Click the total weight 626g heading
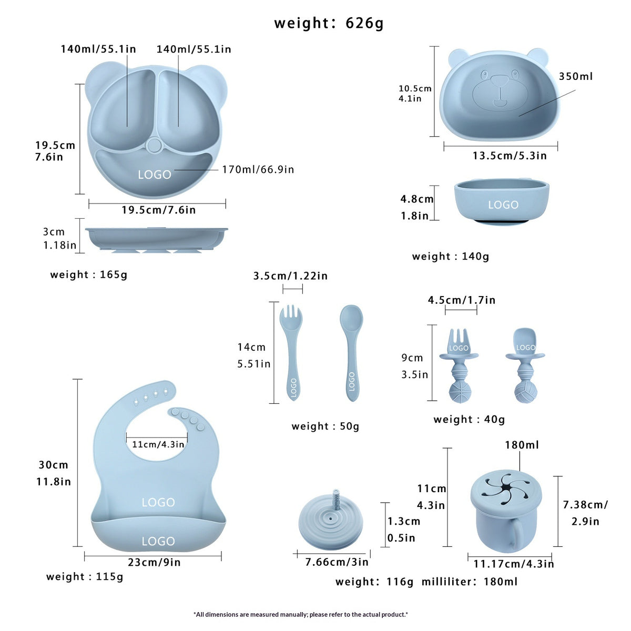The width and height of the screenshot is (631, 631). [x=329, y=23]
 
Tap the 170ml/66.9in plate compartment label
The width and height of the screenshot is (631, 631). [x=258, y=170]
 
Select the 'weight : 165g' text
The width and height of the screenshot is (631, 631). [x=88, y=274]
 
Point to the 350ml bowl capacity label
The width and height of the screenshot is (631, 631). [x=576, y=76]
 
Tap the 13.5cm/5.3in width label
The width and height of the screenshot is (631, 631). [x=510, y=156]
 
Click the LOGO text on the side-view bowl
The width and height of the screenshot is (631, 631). [x=503, y=205]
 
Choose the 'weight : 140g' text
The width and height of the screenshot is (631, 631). [x=451, y=257]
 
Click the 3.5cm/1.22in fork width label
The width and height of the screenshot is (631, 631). [x=290, y=276]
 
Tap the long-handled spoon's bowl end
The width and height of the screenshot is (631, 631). [x=351, y=318]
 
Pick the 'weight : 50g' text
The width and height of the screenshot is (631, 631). [x=325, y=426]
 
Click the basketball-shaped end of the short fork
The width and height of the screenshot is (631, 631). [x=460, y=393]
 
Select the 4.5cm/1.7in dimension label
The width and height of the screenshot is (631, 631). [x=462, y=300]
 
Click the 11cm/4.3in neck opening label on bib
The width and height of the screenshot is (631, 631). [x=158, y=444]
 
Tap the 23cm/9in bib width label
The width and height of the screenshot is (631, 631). [x=154, y=562]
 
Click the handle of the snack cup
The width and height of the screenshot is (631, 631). [x=515, y=532]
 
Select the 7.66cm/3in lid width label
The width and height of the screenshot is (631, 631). [x=337, y=562]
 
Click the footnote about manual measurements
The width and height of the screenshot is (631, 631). [x=301, y=615]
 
